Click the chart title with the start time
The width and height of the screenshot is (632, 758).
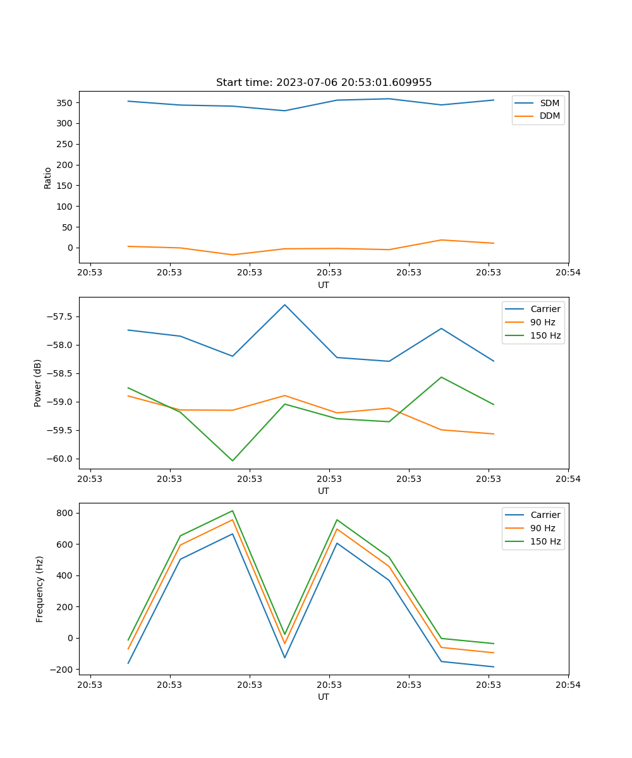(324, 83)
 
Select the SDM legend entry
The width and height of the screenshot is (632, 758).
(549, 102)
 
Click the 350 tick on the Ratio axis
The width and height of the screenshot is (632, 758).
(66, 102)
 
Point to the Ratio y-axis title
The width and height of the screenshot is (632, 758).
(47, 177)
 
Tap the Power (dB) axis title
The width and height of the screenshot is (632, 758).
(38, 383)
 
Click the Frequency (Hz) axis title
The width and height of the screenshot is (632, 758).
(39, 589)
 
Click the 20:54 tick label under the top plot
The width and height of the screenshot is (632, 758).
(568, 272)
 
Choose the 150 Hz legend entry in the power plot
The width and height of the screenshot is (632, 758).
(545, 335)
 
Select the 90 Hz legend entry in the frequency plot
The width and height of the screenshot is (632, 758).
(543, 528)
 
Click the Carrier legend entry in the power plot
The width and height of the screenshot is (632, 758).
(545, 309)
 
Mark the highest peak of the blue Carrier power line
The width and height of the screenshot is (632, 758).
(284, 305)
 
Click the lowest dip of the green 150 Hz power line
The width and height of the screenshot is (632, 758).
(233, 460)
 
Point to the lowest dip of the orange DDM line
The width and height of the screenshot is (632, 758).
(233, 255)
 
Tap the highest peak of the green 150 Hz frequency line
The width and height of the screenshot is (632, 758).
(233, 510)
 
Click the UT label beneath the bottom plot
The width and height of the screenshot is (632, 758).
(324, 697)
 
